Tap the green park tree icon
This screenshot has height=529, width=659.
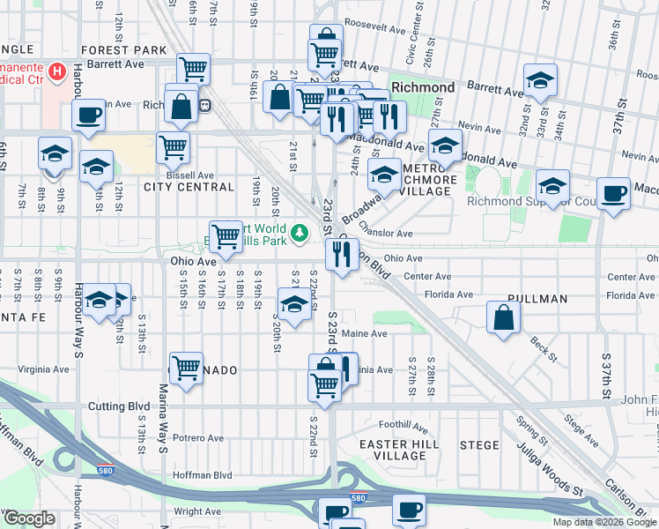coord(300,232)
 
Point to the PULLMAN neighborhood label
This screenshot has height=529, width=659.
coord(537,299)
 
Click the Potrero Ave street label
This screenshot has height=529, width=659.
coord(198,437)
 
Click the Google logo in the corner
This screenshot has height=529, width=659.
coord(29,518)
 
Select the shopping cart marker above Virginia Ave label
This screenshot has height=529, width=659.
coord(186,368)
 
